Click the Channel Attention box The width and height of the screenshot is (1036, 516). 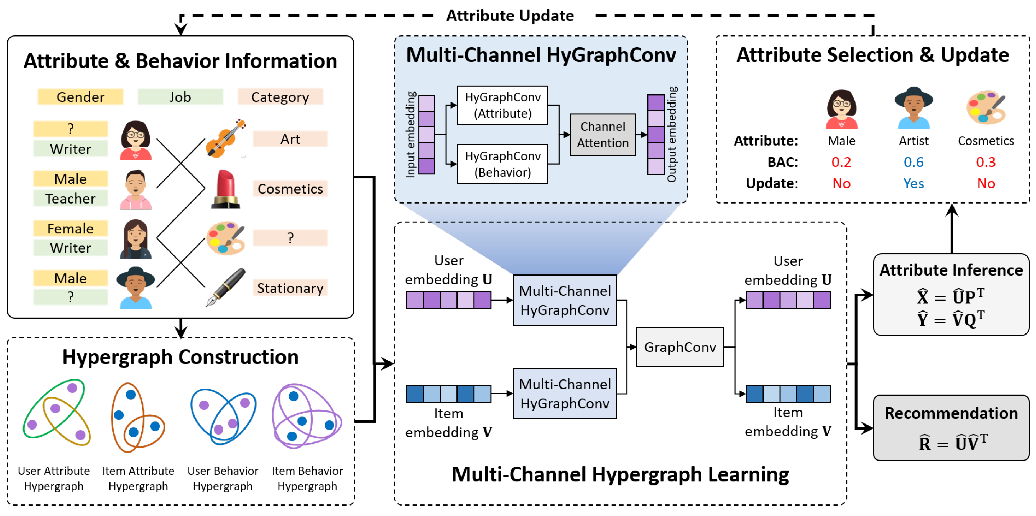pyautogui.click(x=603, y=135)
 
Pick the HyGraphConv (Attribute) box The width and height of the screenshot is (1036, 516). pyautogui.click(x=502, y=105)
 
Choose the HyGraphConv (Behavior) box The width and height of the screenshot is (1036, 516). pyautogui.click(x=502, y=164)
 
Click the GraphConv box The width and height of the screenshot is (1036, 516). pyautogui.click(x=680, y=347)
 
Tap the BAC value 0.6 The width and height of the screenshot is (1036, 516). pyautogui.click(x=913, y=162)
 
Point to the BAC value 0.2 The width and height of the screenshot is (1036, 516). pyautogui.click(x=841, y=162)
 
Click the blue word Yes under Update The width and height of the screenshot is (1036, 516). pyautogui.click(x=913, y=183)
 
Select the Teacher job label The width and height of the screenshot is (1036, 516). pyautogui.click(x=70, y=199)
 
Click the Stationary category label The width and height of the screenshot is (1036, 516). pyautogui.click(x=290, y=288)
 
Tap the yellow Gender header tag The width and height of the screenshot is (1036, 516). pyautogui.click(x=80, y=97)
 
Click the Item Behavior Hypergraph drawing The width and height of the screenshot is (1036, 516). pyautogui.click(x=307, y=416)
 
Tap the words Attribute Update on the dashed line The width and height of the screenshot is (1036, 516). pyautogui.click(x=510, y=16)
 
